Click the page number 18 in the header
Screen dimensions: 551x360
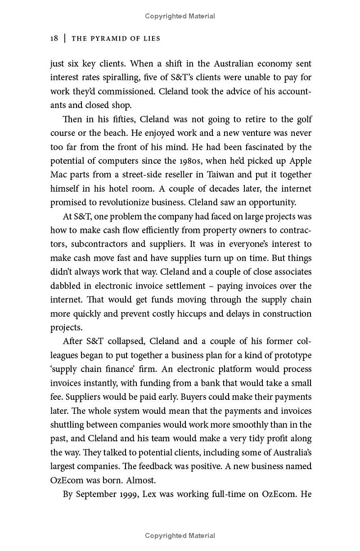coord(54,39)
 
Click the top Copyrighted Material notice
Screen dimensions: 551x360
coord(180,16)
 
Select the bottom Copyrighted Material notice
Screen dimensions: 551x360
coord(180,536)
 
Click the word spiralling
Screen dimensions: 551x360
coord(115,77)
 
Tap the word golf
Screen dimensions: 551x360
coord(303,120)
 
